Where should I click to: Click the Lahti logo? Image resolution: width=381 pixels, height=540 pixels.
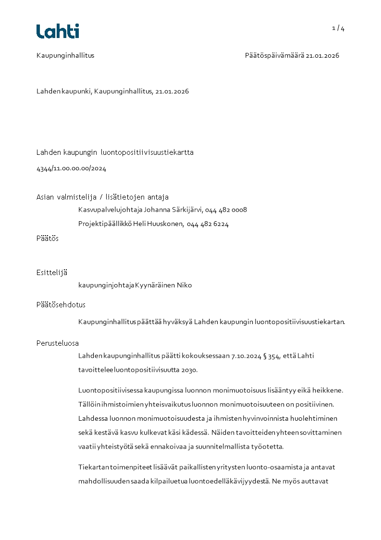[58, 31]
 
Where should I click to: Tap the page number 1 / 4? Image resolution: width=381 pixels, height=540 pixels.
[338, 28]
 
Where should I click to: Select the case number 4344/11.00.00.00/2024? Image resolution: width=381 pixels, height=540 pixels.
[71, 169]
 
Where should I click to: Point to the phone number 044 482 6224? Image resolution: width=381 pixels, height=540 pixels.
[208, 224]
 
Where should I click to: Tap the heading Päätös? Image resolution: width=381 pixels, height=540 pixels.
[48, 239]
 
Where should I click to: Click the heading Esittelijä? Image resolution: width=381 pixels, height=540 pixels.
[52, 273]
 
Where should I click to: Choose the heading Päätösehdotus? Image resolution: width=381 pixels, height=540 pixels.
[61, 305]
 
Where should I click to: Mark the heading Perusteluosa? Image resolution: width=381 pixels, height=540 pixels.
[58, 343]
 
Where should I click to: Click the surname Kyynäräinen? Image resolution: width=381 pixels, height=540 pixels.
[155, 285]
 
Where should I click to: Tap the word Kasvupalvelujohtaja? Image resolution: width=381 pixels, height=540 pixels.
[110, 210]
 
